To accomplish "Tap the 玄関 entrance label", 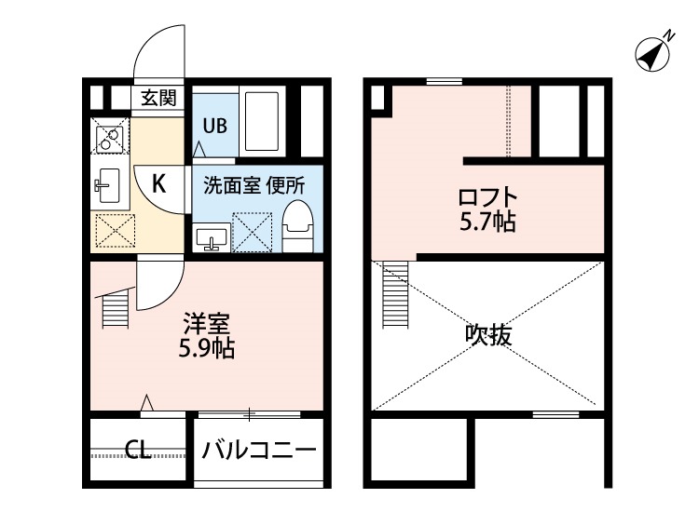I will tap(158, 96).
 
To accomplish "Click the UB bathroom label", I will tap(214, 125).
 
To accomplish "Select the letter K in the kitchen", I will tap(158, 183).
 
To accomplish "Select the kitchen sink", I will tap(110, 185).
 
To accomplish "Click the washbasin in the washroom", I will tap(212, 239).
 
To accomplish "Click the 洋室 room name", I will tap(206, 326).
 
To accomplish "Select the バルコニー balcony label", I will tap(260, 451).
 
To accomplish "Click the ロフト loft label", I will tap(486, 199).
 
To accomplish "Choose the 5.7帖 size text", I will tap(487, 222).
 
